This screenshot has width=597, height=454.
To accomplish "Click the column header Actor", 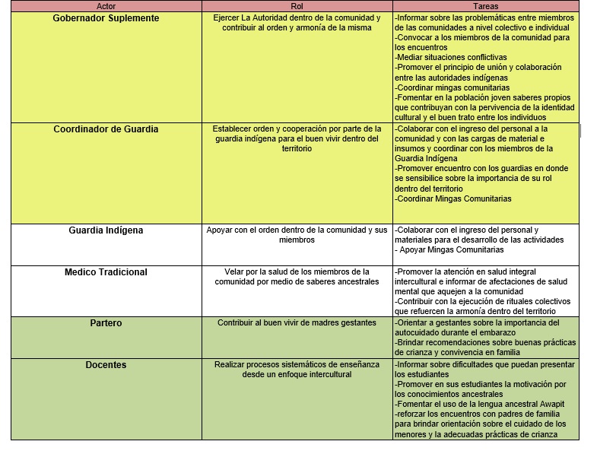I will click(x=106, y=6).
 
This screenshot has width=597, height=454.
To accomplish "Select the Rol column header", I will click(x=297, y=6).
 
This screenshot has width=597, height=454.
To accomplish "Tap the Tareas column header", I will click(x=485, y=6).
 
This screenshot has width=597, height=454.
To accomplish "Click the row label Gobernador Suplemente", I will click(x=106, y=17).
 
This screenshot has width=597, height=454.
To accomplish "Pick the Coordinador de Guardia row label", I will click(x=106, y=129).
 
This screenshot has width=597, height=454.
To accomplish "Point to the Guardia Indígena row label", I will click(x=106, y=230).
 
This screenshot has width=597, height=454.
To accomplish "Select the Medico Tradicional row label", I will click(x=106, y=272).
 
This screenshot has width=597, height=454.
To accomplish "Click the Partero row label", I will click(x=106, y=323).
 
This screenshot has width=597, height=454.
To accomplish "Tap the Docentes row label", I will click(x=106, y=365).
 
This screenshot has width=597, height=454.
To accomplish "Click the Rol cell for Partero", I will click(x=297, y=323).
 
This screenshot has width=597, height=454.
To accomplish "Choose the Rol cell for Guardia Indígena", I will click(x=297, y=235).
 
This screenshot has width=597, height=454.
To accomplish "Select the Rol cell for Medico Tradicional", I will click(x=297, y=277).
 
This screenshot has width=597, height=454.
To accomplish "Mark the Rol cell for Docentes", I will click(x=297, y=370).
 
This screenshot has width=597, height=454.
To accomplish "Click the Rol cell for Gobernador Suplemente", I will click(x=297, y=23).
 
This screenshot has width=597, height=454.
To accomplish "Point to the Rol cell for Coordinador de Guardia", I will click(x=297, y=139).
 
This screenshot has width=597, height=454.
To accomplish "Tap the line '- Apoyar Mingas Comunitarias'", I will click(x=450, y=249).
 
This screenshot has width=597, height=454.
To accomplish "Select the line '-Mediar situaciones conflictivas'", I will click(x=451, y=57).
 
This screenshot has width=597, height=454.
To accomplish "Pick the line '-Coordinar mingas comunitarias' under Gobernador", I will click(x=453, y=87).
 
